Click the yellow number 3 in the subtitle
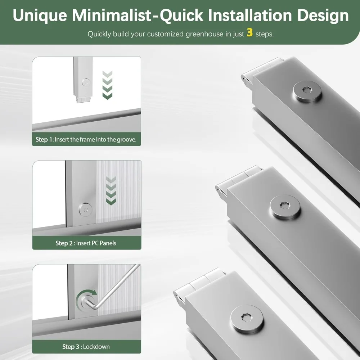[x=250, y=32]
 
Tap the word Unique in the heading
[x=40, y=15]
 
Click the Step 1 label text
[x=44, y=139]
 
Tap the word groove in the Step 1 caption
[x=126, y=140]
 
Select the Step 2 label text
[x=64, y=243]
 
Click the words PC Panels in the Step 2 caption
[x=104, y=243]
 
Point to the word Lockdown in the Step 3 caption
[x=96, y=346]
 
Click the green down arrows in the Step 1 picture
[x=107, y=85]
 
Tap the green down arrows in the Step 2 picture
[x=111, y=191]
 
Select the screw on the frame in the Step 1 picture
[x=86, y=83]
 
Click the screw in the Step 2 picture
[x=86, y=210]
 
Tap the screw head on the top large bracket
[x=307, y=91]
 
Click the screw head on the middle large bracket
[x=285, y=207]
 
